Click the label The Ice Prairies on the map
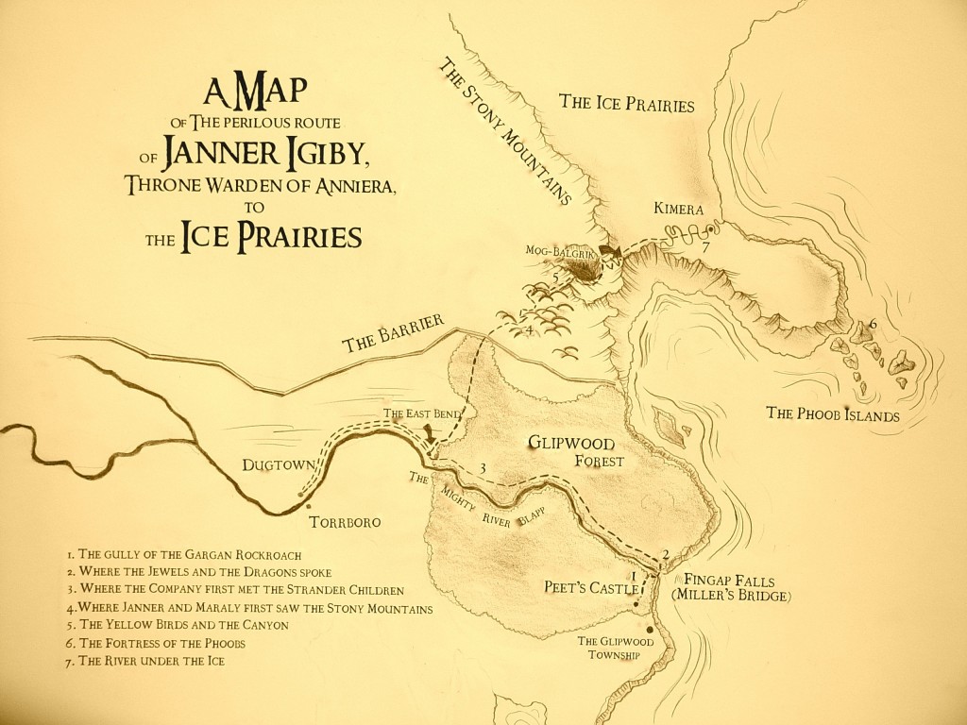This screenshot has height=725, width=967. (x=626, y=103)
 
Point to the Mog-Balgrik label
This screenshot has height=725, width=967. (x=565, y=250)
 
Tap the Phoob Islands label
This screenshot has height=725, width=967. (x=833, y=413)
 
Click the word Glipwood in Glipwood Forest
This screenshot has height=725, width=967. (x=571, y=443)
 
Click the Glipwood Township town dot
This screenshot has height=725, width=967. (x=651, y=630)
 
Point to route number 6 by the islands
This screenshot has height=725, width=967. (x=873, y=324)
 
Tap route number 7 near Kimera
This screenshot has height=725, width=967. (x=704, y=247)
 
